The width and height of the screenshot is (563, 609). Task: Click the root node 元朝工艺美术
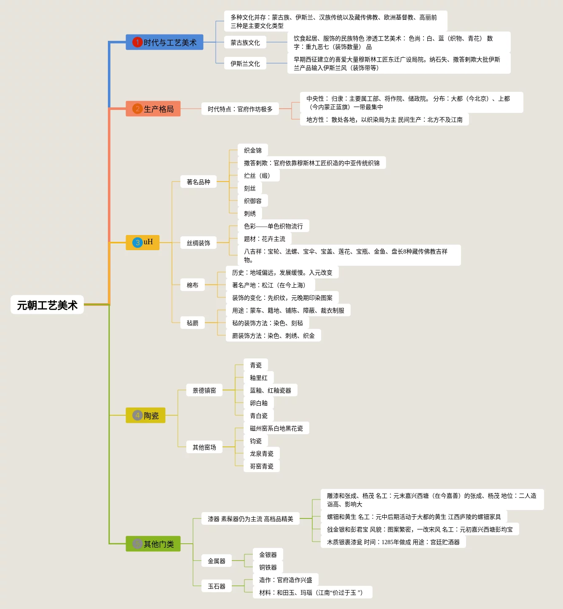[x=47, y=305]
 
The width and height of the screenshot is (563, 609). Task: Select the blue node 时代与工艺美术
[x=165, y=42]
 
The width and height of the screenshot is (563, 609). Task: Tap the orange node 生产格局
[x=153, y=109]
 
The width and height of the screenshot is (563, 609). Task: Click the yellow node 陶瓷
[x=146, y=415]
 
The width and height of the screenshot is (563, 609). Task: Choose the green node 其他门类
[x=153, y=544]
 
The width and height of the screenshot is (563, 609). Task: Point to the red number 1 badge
[x=137, y=42]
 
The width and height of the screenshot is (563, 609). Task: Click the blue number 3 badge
[x=137, y=242]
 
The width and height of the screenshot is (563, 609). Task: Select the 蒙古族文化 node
[x=245, y=43]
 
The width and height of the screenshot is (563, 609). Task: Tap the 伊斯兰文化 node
[x=245, y=64]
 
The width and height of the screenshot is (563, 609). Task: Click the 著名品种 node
[x=198, y=182]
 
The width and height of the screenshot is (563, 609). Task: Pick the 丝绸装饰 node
[x=198, y=243]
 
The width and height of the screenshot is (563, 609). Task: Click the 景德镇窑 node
[x=204, y=390]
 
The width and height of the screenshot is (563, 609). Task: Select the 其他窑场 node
[x=204, y=447]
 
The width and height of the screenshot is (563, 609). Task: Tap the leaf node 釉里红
[x=259, y=378]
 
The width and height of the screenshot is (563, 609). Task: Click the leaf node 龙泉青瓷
[x=262, y=454]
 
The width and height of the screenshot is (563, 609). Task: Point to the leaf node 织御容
[x=253, y=201]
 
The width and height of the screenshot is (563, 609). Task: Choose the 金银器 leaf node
[x=268, y=555]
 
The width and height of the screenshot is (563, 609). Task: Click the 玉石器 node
[x=217, y=586]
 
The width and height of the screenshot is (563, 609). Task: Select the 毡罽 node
[x=193, y=323]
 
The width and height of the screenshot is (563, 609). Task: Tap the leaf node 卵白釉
[x=259, y=403]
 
